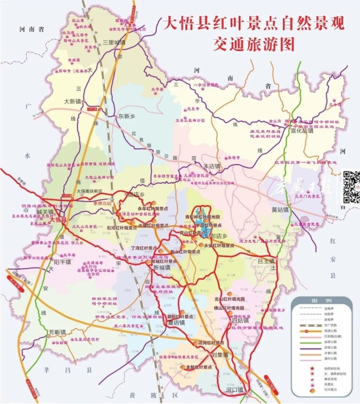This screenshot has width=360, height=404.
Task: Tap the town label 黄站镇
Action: (x=279, y=210)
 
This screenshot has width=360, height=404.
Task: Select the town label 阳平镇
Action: (x=62, y=261)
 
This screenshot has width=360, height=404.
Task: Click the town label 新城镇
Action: (x=161, y=268)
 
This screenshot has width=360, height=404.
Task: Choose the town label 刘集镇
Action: (x=220, y=355)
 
